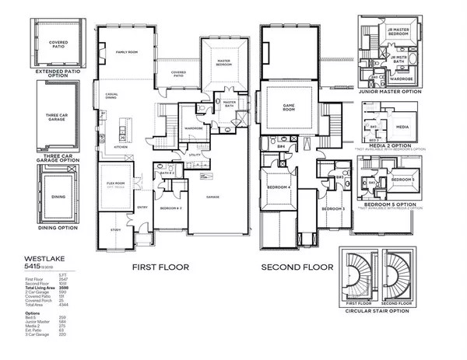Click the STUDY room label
[x=115, y=230]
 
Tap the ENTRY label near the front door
[x=142, y=207]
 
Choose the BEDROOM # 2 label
[x=171, y=209]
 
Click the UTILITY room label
[x=195, y=155]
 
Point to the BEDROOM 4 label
[x=279, y=187]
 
